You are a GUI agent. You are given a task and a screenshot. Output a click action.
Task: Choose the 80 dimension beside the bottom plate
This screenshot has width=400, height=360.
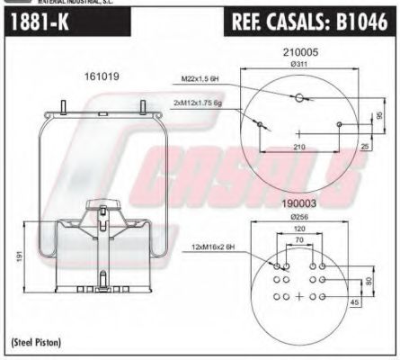tap(369, 281)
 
